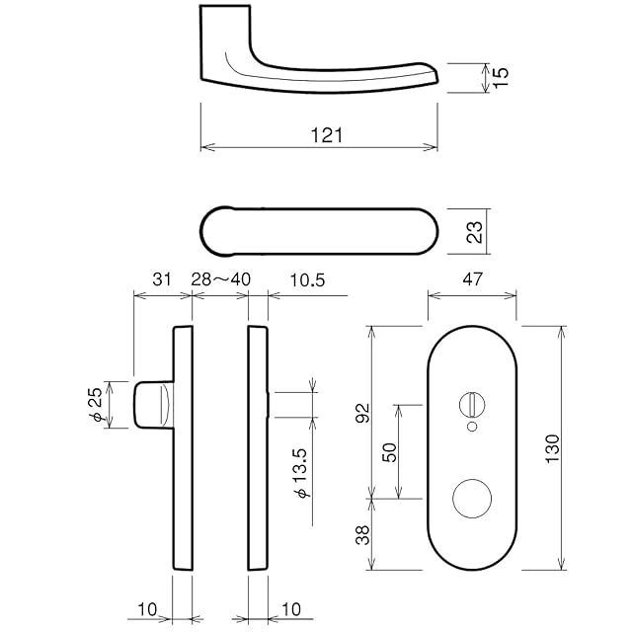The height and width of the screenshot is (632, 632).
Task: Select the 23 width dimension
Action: (474, 233)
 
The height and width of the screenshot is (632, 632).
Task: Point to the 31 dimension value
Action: (162, 280)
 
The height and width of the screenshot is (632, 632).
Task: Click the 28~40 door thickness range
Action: (220, 280)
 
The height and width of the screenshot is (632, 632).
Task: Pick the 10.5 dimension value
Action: (307, 280)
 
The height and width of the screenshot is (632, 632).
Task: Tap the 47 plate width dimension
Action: (471, 280)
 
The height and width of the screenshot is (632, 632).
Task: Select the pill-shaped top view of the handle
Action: (319, 232)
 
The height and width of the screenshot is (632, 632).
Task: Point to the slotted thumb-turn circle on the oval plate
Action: (471, 403)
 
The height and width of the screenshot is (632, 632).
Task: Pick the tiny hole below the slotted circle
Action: (471, 427)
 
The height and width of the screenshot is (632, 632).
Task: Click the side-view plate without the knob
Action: (257, 447)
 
